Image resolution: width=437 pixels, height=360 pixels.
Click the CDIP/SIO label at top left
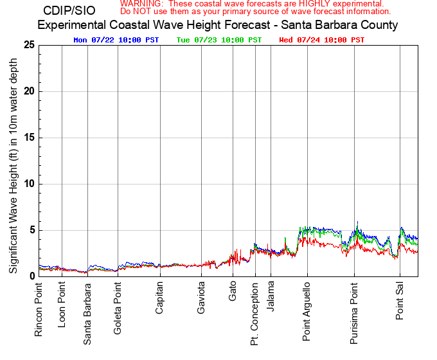[x=69, y=11]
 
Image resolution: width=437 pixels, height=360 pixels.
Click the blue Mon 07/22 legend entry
[x=116, y=40]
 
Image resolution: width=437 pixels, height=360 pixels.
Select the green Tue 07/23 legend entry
[x=219, y=40]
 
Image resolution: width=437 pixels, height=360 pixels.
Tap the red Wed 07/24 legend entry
[x=322, y=40]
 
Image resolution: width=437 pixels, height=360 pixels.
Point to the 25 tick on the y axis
[x=28, y=45]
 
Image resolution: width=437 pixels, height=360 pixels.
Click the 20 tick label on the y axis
[x=28, y=91]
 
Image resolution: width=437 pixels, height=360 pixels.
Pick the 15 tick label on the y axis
[x=28, y=138]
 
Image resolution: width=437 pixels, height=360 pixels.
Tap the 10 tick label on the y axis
[x=28, y=184]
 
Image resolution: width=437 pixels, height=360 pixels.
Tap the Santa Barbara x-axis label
[x=87, y=313]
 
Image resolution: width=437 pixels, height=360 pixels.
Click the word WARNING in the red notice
[x=141, y=4]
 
